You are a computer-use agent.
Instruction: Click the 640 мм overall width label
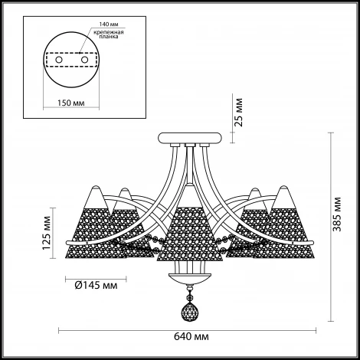(191, 336)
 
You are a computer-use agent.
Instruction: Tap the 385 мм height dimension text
(338, 214)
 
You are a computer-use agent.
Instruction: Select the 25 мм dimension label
(239, 113)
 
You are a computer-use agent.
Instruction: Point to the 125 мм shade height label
(47, 233)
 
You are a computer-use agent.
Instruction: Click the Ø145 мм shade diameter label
(96, 285)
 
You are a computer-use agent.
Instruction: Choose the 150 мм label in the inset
(70, 103)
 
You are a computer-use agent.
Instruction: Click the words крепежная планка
(109, 34)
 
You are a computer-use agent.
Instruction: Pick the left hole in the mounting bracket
(59, 60)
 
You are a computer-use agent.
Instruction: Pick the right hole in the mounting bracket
(84, 60)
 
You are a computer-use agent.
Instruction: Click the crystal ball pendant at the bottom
(190, 313)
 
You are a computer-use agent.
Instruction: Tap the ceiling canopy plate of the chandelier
(190, 138)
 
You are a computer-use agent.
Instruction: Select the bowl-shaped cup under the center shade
(190, 278)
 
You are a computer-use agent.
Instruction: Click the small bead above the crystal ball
(189, 297)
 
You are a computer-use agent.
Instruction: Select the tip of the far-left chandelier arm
(67, 243)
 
